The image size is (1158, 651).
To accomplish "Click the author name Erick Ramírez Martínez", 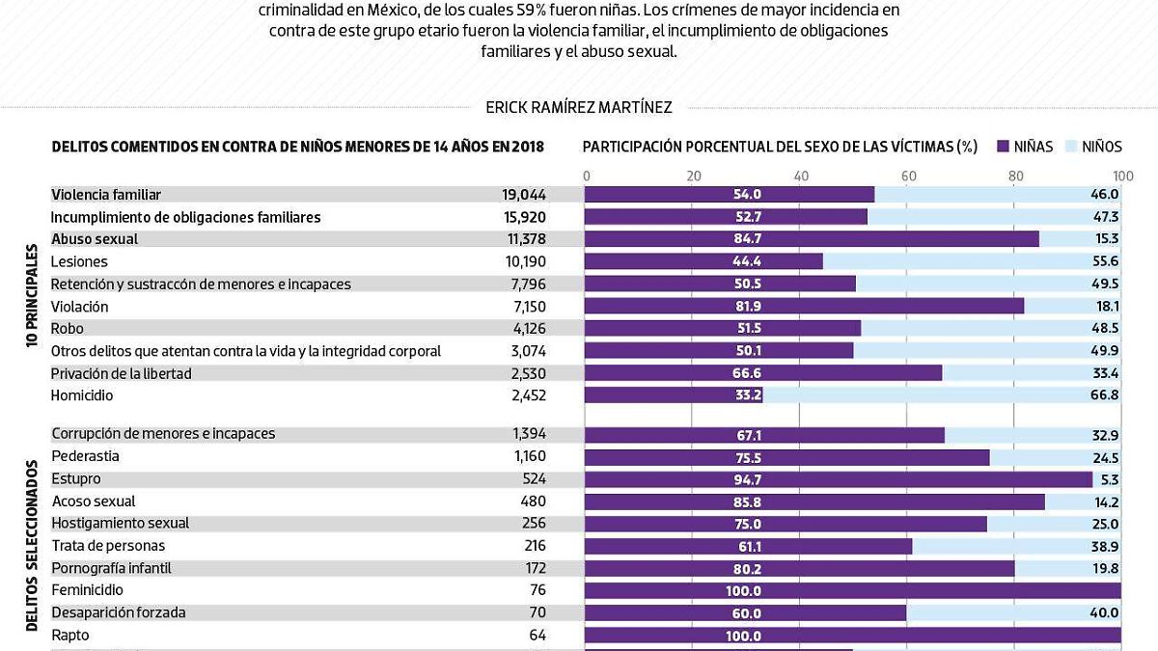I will tap(579, 108).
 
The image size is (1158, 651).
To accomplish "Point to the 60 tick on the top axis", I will tap(908, 176).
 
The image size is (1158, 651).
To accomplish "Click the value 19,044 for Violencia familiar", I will tap(524, 195).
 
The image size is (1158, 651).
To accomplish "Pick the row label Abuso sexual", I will tap(95, 239).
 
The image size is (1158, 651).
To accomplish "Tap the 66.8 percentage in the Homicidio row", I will tap(1105, 395).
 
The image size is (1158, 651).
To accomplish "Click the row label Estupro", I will tap(75, 479).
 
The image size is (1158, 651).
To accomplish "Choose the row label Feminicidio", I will tap(87, 590).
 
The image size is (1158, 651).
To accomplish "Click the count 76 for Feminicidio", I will tap(538, 590).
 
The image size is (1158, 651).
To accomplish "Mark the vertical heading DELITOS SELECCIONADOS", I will tap(32, 546).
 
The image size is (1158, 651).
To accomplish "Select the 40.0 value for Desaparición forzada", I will tap(1105, 612).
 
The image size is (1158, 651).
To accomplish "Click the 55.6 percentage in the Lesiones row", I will tap(1105, 261).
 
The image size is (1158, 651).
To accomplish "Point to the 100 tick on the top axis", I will tap(1122, 176).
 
